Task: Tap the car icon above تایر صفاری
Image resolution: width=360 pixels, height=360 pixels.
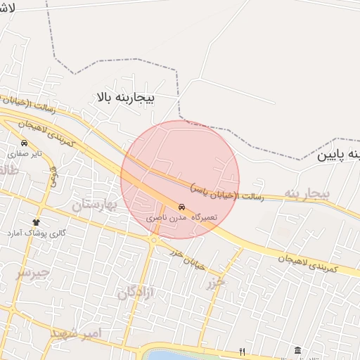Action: click(25, 143)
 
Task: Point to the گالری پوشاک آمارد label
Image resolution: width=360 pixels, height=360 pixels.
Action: click(36, 232)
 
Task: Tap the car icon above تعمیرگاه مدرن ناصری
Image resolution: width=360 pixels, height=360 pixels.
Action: click(182, 208)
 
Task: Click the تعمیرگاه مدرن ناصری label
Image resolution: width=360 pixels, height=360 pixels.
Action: click(182, 219)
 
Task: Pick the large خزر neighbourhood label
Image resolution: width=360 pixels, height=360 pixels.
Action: click(216, 283)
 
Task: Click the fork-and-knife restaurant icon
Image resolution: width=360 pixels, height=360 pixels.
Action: click(243, 351)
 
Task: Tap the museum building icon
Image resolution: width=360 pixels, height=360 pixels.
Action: click(297, 350)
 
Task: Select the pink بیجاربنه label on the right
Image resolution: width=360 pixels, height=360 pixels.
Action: click(307, 193)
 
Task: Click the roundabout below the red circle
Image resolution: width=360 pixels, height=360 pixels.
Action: click(153, 240)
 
